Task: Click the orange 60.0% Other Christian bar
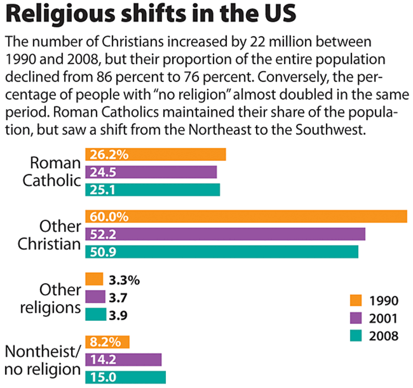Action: (246, 216)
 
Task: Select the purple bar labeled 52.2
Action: (225, 234)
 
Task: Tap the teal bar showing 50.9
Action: (222, 252)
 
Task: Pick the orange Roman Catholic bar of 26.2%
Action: (155, 154)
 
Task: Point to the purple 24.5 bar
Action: (151, 172)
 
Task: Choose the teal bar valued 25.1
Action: (152, 190)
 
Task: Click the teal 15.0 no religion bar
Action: (125, 377)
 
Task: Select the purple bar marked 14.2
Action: (123, 359)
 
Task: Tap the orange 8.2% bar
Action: (107, 342)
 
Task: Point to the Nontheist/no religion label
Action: (42, 359)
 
